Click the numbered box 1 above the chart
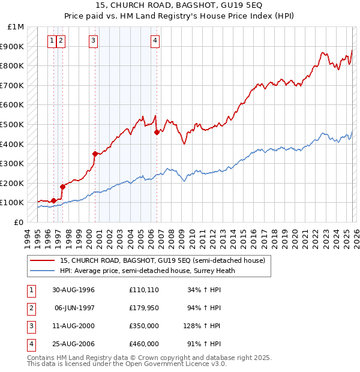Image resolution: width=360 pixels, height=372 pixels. coord(53,41)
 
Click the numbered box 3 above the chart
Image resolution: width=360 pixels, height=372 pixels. coord(94,41)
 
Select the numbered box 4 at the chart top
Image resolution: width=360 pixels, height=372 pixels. coord(155,41)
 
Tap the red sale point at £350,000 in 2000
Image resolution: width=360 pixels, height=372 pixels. coord(95,154)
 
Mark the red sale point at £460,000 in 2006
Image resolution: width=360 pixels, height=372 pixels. coord(157,132)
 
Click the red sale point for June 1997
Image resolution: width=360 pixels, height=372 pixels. coord(62,187)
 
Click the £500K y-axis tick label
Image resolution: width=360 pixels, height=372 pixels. coord(13,124)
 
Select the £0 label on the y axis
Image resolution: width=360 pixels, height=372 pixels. coord(19,222)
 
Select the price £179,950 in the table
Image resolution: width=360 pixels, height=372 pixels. coord(143,308)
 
